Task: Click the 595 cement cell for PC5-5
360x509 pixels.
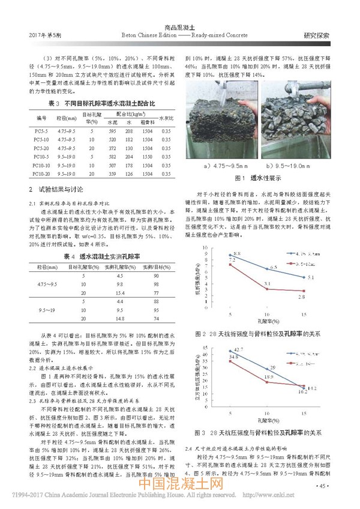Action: click(x=112, y=130)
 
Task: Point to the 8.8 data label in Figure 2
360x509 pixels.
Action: click(x=238, y=255)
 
